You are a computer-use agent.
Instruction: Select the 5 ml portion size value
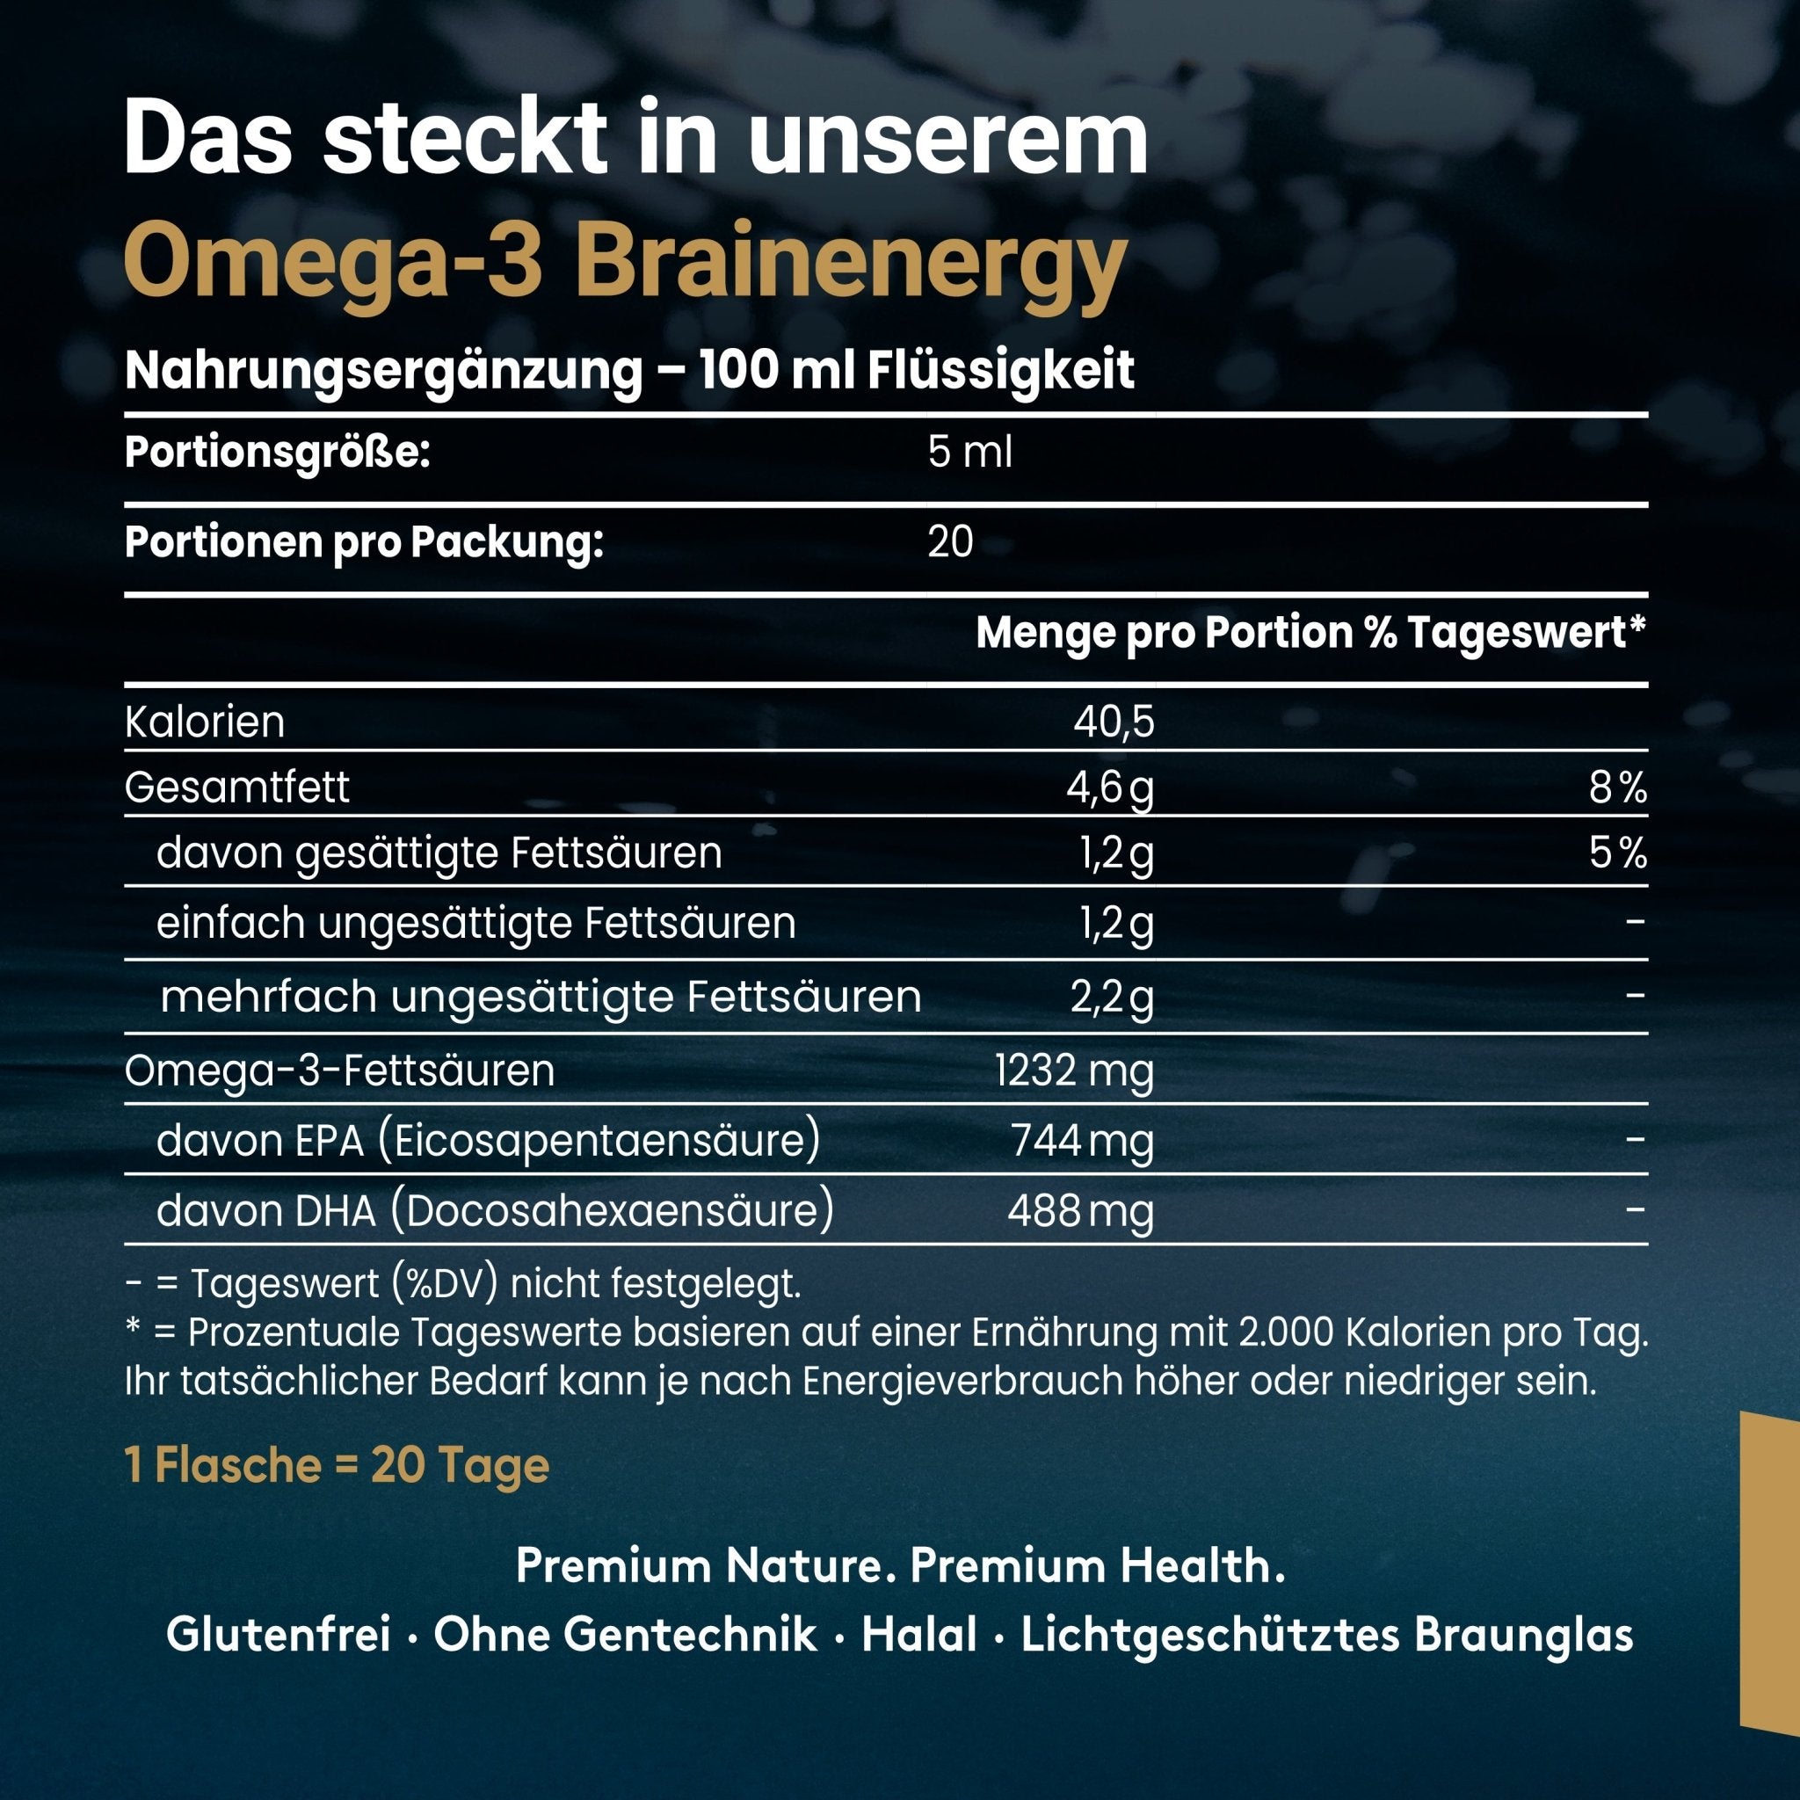tap(969, 454)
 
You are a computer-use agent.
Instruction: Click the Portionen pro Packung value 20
tap(950, 542)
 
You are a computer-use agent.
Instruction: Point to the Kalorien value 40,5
tap(1114, 722)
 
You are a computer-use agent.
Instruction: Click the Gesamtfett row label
tap(236, 788)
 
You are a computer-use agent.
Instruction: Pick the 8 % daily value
tap(1618, 788)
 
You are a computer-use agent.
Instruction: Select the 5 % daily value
tap(1618, 853)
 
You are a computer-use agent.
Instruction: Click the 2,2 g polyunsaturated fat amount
tap(1112, 998)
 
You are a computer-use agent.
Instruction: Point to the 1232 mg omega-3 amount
tap(1074, 1071)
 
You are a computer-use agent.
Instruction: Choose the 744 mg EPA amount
tap(1083, 1140)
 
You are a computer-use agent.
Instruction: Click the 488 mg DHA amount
tap(1081, 1211)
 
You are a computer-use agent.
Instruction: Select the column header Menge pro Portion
tap(1165, 634)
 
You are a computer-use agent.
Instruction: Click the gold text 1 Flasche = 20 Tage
tap(337, 1465)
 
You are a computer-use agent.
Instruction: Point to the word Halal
tap(919, 1636)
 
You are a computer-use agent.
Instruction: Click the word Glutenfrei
tap(278, 1636)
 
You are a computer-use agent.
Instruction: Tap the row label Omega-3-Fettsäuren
tap(339, 1071)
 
